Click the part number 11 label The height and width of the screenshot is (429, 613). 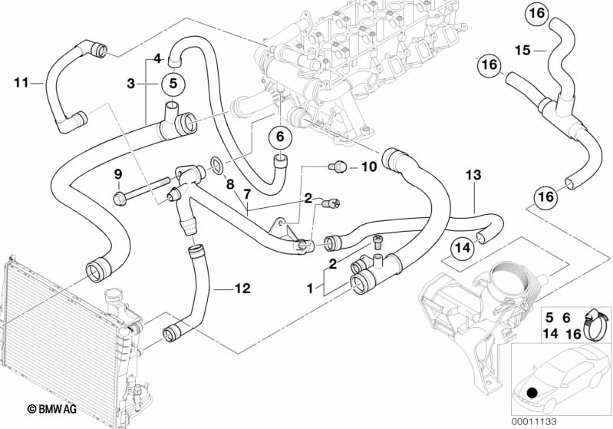(x=21, y=81)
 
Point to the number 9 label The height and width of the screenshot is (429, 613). (x=117, y=175)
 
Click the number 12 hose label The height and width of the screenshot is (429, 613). (x=242, y=289)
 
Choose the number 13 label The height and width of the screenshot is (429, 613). (x=473, y=175)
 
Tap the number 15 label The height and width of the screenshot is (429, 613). (x=522, y=51)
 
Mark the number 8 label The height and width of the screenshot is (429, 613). (x=229, y=183)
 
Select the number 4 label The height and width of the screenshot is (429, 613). (x=156, y=58)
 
